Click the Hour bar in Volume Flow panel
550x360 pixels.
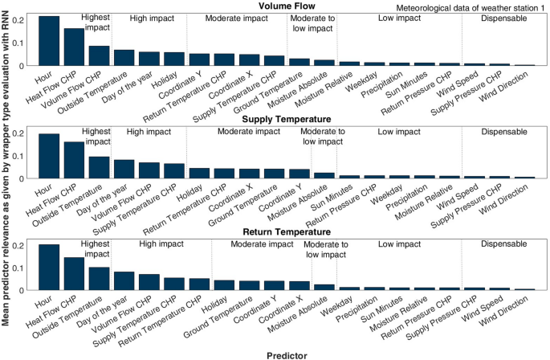pos(49,41)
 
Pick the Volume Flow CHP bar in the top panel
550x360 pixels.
pos(99,55)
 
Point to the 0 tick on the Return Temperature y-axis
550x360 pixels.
pos(30,290)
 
